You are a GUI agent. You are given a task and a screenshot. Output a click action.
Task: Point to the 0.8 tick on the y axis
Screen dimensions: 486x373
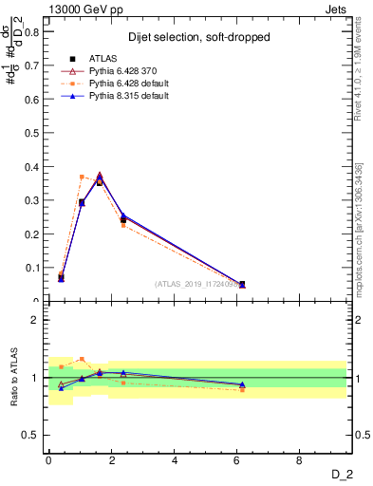tap(32, 31)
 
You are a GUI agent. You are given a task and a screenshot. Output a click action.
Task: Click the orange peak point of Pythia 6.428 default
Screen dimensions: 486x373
tap(82, 177)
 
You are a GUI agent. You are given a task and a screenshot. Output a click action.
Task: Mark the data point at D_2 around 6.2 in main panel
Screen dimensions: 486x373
tap(242, 284)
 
